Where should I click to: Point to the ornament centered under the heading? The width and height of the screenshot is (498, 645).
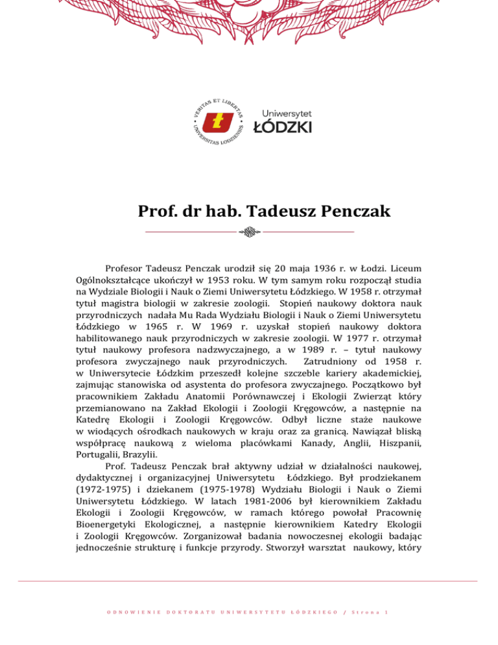[x=249, y=231]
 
